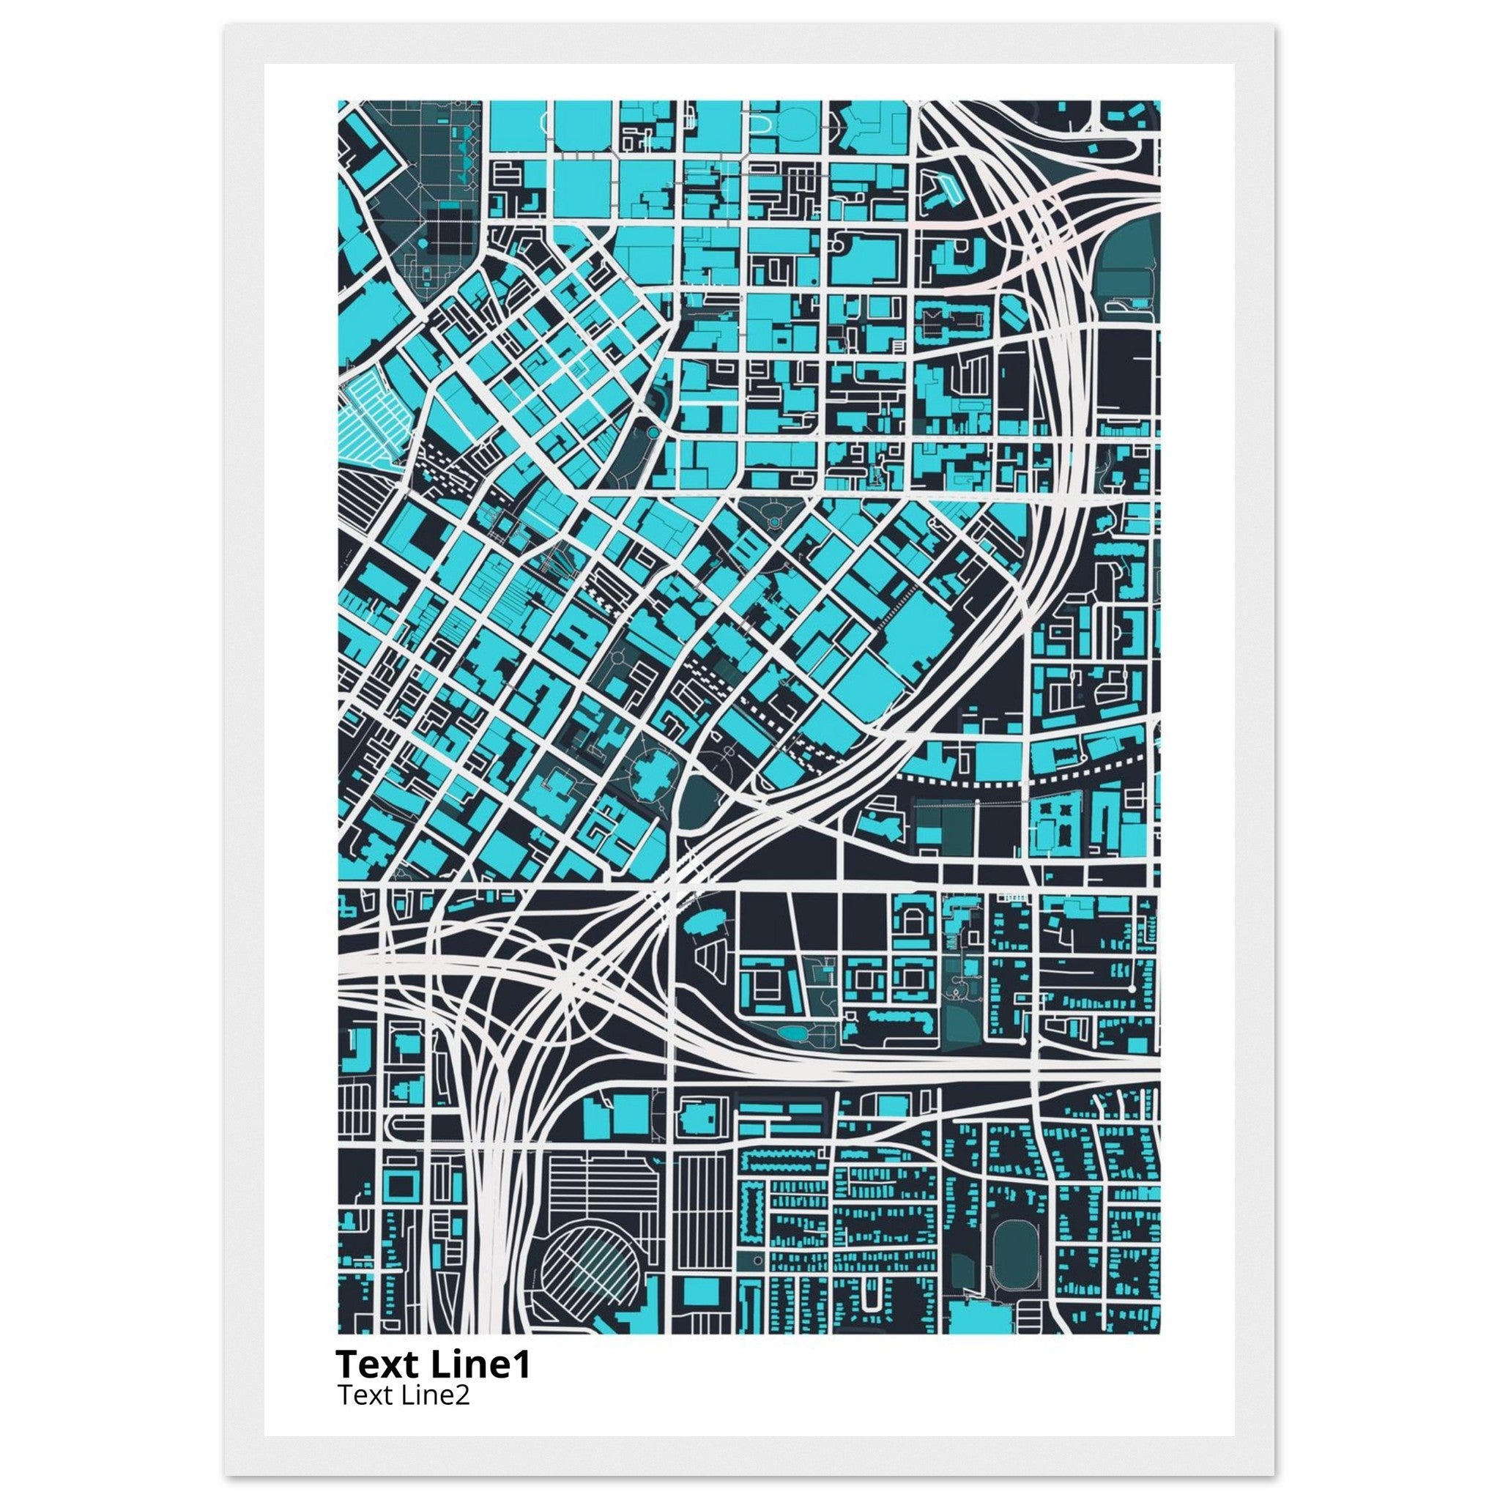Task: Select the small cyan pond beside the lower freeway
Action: pos(791,1033)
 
